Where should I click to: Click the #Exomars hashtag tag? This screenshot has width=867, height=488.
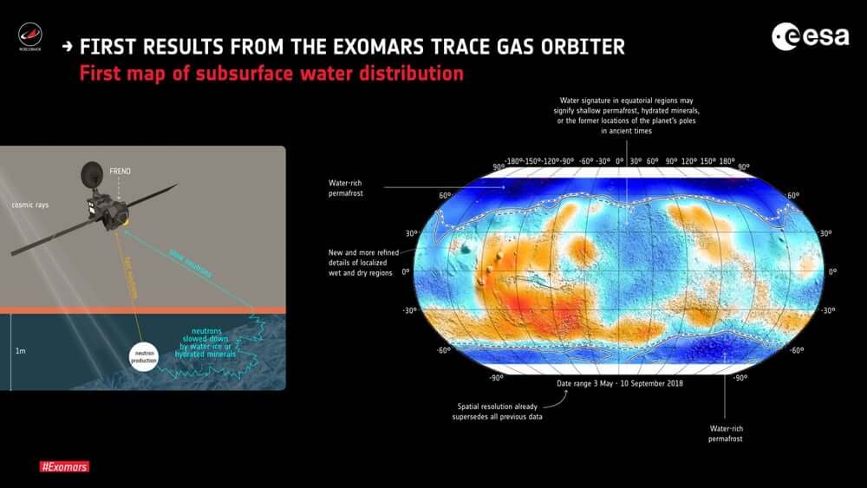(x=65, y=466)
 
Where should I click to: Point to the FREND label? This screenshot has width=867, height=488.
(x=120, y=172)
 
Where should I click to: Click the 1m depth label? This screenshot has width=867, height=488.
(x=19, y=351)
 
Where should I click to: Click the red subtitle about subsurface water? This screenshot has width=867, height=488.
(x=271, y=74)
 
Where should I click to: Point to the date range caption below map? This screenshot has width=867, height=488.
(x=619, y=381)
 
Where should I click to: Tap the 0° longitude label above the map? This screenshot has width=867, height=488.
(x=619, y=161)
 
